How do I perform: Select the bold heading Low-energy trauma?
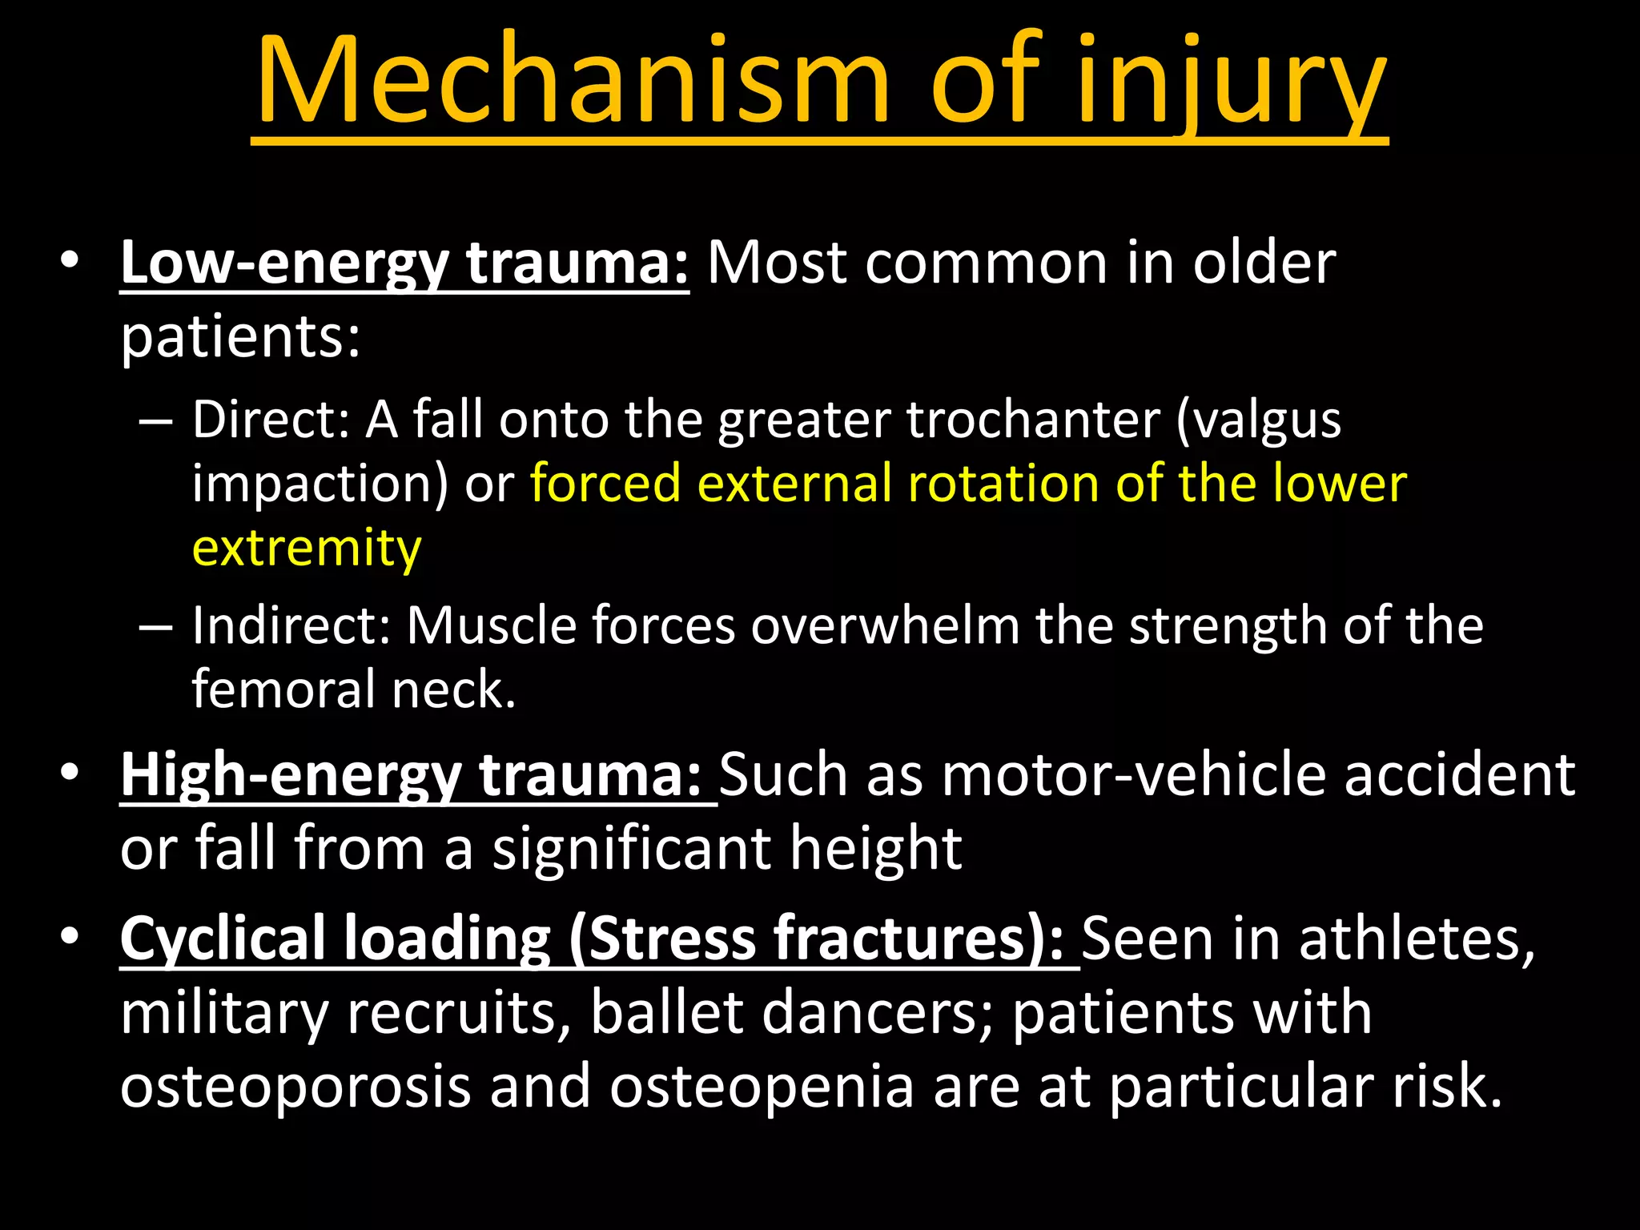tap(404, 263)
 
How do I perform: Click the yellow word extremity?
tap(307, 549)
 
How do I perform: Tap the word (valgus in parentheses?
tap(1259, 420)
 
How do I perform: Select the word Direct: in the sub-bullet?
tap(271, 420)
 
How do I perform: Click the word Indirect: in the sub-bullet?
tap(291, 625)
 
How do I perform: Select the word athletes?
tap(1417, 939)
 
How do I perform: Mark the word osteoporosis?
tap(295, 1087)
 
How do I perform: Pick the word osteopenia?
tap(762, 1087)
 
